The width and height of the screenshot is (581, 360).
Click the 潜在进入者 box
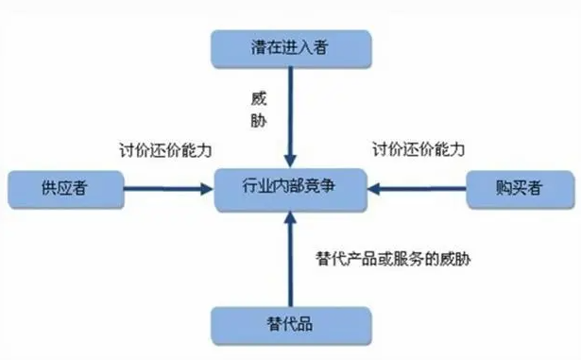[x=291, y=49]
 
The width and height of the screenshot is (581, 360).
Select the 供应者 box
[x=65, y=189]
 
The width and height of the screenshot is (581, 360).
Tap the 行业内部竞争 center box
[x=291, y=190]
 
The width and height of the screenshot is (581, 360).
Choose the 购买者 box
[x=521, y=189]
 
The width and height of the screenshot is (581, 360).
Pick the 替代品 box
[x=291, y=326]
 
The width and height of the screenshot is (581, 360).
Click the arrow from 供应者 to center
[x=168, y=189]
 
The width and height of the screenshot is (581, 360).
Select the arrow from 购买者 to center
[x=417, y=189]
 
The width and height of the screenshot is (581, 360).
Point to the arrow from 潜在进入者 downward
[x=291, y=117]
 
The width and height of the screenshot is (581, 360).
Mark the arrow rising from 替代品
[x=291, y=259]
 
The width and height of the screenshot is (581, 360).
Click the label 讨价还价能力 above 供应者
[x=165, y=150]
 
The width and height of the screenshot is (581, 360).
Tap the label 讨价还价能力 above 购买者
[x=419, y=149]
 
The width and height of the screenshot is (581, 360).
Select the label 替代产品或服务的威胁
[x=393, y=258]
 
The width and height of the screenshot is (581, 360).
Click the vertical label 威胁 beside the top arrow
[x=259, y=110]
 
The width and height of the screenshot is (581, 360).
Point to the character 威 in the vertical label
[x=259, y=99]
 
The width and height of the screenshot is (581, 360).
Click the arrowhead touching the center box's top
[x=291, y=162]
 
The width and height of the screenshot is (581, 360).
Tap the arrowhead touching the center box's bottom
[x=291, y=218]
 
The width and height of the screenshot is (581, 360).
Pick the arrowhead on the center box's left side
[x=207, y=189]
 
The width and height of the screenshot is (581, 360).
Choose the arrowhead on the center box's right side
[x=374, y=189]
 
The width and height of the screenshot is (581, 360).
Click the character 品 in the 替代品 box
[x=305, y=324]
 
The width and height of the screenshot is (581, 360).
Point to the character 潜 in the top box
[x=259, y=47]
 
